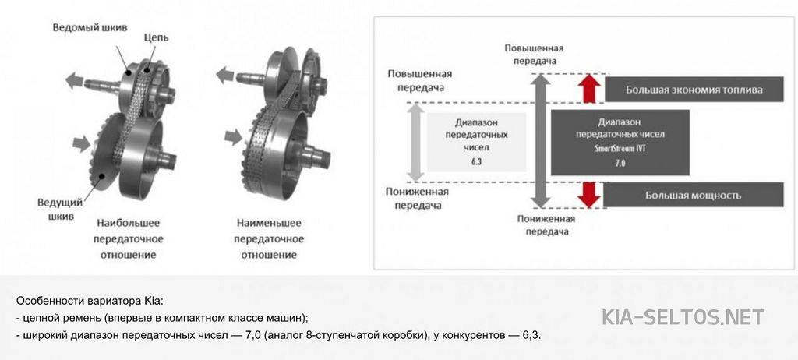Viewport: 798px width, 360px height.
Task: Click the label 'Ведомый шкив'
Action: coord(90,27)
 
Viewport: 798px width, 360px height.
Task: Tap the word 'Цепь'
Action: coord(156,38)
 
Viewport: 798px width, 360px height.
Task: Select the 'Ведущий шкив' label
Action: coord(60,210)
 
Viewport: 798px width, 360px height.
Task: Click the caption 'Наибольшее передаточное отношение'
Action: coord(129,238)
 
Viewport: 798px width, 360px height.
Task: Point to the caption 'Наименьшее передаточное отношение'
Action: coord(269,238)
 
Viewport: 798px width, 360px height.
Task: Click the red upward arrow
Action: coord(589,87)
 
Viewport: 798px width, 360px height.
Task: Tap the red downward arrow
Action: coord(589,195)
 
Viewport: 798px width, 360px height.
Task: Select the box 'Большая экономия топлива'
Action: coord(694,90)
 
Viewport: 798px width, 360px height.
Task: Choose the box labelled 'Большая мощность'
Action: coord(694,195)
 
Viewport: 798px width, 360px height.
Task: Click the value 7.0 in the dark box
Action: coord(620,162)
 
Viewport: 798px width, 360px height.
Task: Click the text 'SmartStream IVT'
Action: coord(620,149)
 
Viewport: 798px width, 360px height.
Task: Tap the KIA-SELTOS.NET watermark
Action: coord(683,316)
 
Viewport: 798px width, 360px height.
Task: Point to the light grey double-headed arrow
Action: coord(416,142)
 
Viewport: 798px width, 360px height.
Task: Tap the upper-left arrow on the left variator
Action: coord(74,79)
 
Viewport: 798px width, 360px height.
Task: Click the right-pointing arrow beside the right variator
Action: coord(233,136)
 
